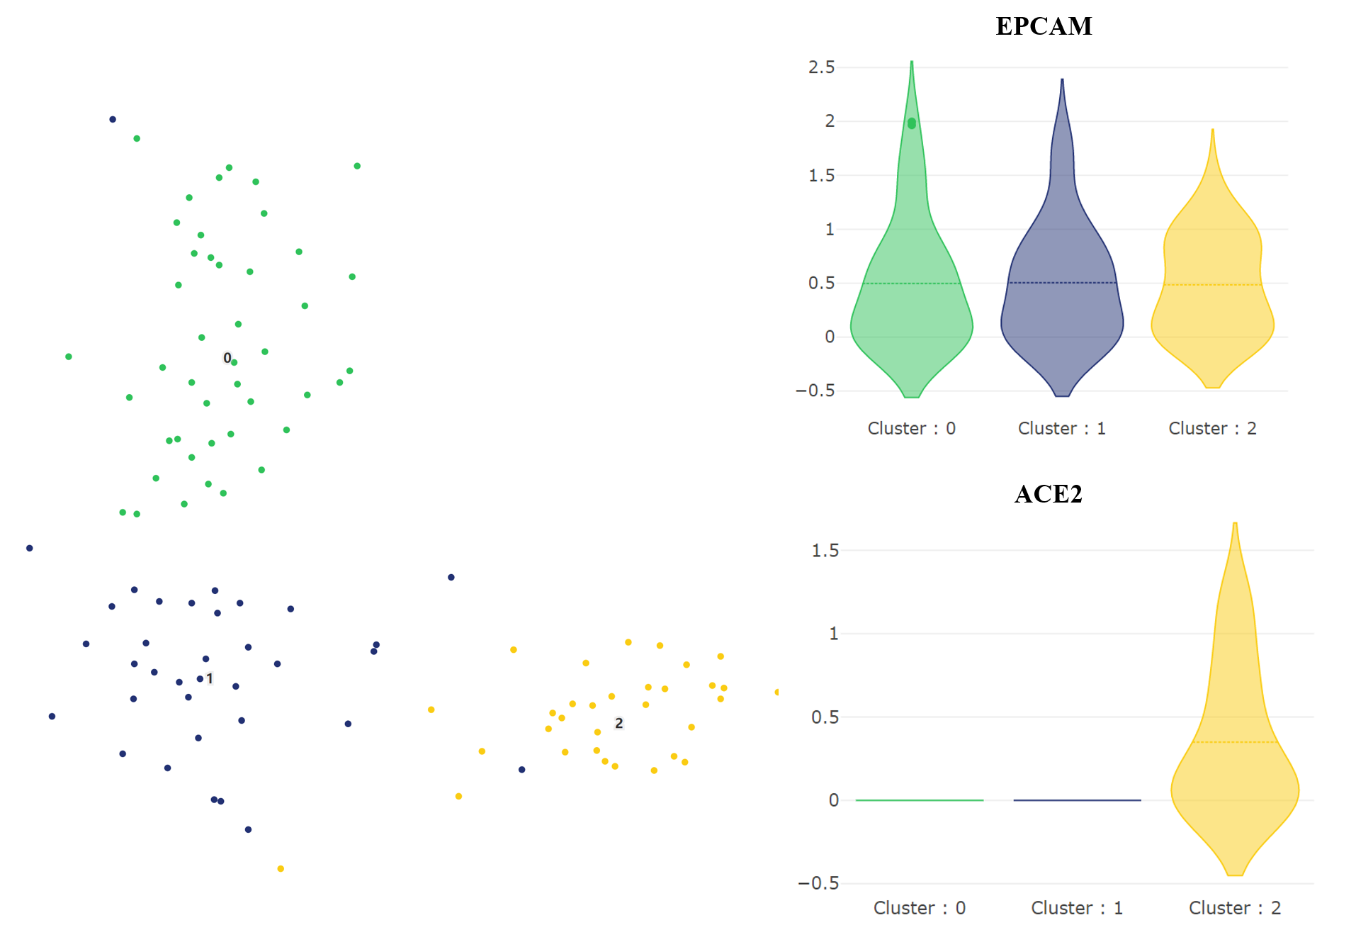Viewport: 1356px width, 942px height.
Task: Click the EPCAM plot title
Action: (x=1044, y=26)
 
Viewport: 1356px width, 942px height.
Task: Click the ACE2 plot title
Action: (x=1048, y=494)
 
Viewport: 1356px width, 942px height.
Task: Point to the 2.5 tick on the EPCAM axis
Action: (x=821, y=67)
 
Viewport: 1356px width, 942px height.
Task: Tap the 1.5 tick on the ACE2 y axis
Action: (x=825, y=551)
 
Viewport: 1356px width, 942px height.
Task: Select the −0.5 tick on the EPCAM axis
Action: (x=815, y=391)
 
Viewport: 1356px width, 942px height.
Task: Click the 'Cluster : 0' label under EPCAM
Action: (x=911, y=428)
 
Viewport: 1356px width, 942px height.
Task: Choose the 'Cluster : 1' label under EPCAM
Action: (x=1061, y=428)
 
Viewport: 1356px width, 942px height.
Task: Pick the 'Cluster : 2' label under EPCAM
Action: (x=1212, y=428)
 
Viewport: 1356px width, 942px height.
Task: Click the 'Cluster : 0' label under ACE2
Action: (x=919, y=908)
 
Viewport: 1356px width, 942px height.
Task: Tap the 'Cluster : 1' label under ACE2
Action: (x=1076, y=908)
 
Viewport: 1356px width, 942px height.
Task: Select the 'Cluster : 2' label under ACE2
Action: (x=1234, y=908)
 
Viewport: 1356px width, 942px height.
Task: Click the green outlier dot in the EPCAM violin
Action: (x=912, y=123)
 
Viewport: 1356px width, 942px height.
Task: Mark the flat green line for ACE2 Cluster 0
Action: (x=919, y=800)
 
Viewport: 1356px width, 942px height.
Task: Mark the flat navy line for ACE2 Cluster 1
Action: (x=1077, y=800)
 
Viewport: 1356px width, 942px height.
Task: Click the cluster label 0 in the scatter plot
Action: (x=227, y=358)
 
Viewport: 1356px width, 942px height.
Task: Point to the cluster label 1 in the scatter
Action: (x=210, y=678)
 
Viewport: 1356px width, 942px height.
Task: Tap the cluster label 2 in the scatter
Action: (x=618, y=723)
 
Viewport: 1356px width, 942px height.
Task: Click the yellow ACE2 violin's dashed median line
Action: (x=1234, y=742)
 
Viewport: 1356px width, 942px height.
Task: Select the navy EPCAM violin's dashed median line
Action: (x=1062, y=283)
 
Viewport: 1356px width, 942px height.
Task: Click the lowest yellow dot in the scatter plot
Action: (x=281, y=868)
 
